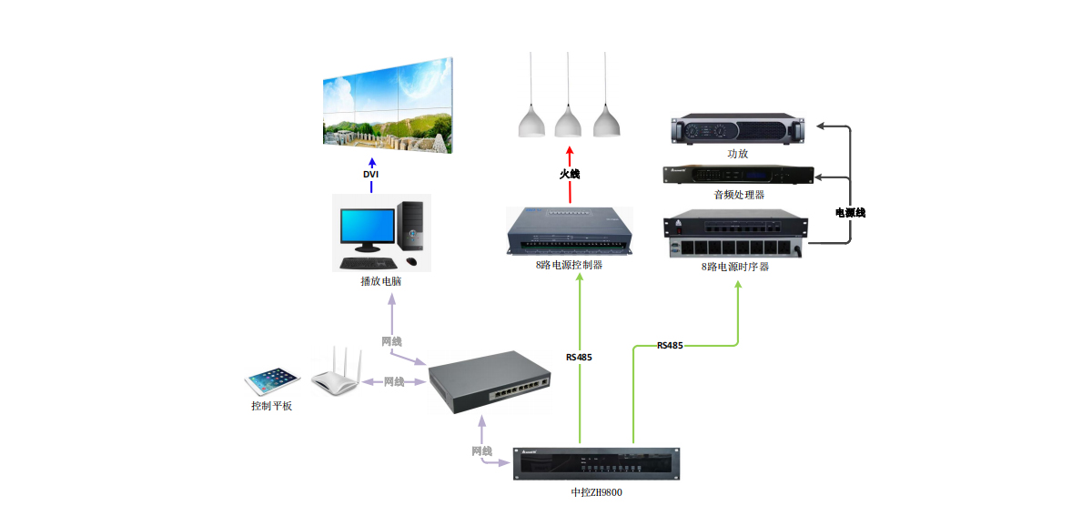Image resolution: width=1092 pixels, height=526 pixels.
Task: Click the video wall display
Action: click(388, 105)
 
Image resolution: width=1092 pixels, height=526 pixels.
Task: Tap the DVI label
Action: click(371, 174)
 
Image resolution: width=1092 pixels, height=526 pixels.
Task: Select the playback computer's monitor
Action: click(367, 228)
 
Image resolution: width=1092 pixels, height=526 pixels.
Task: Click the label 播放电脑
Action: click(381, 281)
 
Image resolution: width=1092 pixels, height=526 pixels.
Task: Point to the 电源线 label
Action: click(850, 213)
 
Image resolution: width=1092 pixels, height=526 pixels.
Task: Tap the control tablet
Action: click(272, 380)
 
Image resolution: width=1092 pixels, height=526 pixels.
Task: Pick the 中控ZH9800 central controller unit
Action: click(597, 464)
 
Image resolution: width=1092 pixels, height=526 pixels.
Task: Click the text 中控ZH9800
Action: click(597, 492)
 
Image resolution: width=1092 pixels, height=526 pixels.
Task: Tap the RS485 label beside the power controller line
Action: click(579, 358)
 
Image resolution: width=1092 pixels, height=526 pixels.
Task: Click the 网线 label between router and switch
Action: click(394, 382)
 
